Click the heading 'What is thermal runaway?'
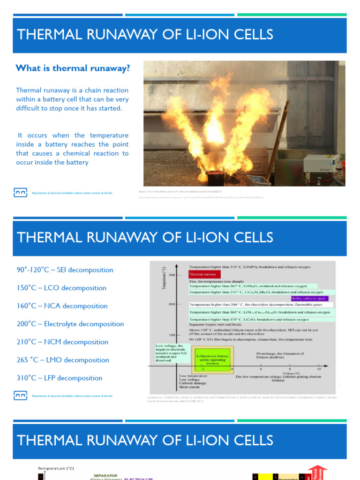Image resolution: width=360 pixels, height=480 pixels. pos(73,68)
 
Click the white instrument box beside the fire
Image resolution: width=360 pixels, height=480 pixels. pos(321,163)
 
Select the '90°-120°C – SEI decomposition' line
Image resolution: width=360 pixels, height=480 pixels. pos(65,270)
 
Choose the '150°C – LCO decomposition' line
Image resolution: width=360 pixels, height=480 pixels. pos(61,288)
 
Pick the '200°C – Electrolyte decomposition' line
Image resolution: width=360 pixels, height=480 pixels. pos(70,324)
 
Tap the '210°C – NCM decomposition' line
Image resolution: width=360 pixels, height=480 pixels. pos(62,342)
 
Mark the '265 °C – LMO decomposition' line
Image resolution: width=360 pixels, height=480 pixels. pos(63,360)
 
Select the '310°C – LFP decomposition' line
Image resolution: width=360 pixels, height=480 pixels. pos(59,378)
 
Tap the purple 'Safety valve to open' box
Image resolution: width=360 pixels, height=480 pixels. pos(309,298)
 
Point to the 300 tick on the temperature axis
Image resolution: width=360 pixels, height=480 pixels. pos(172,275)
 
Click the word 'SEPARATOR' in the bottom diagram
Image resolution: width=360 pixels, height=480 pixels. pos(105,475)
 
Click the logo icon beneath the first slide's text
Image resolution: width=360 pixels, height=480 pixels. pos(20,192)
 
